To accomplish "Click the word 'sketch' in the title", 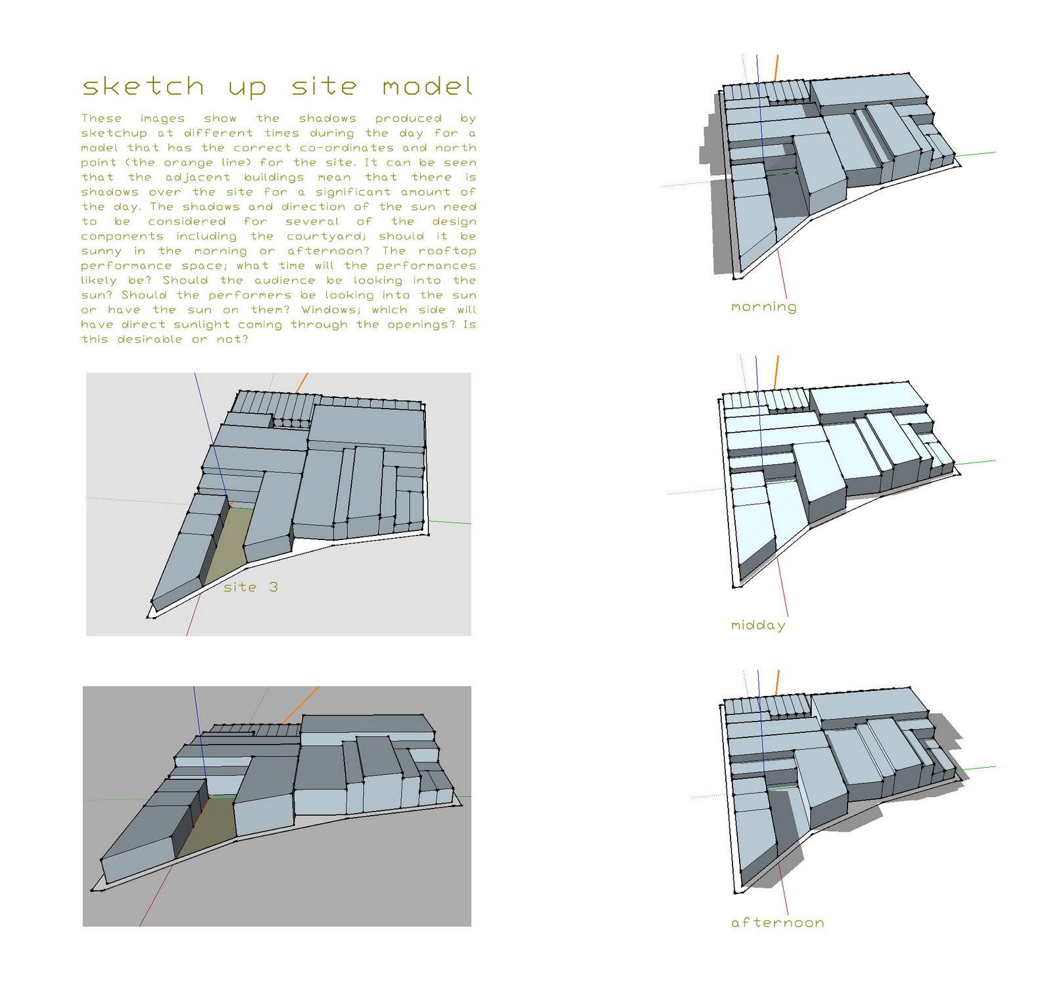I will coord(143,87).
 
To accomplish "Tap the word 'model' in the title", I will coord(427,87).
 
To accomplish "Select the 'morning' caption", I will coord(763,307).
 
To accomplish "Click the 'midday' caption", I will coord(758,625).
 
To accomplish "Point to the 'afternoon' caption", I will coord(777,922).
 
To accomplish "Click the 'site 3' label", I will coord(251,587).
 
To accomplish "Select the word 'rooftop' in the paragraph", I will coord(447,251).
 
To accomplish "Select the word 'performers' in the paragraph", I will coord(250,295).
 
